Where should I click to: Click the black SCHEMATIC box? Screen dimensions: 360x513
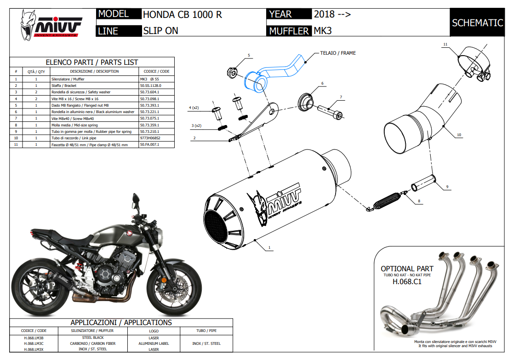(477, 23)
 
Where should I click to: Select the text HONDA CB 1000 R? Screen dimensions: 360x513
(182, 14)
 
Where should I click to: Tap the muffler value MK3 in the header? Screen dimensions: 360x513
(323, 31)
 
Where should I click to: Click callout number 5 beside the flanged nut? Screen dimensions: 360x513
(249, 56)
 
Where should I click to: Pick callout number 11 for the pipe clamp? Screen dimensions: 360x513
(445, 44)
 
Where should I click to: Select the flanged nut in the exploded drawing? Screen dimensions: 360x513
(232, 72)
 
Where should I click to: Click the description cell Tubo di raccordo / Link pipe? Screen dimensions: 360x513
(94, 138)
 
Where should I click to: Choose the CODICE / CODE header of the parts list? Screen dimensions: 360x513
(156, 71)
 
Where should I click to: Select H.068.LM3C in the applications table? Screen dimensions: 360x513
(34, 343)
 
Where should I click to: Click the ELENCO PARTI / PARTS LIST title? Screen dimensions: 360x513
(92, 62)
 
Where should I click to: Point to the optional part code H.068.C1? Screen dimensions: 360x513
(407, 282)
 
